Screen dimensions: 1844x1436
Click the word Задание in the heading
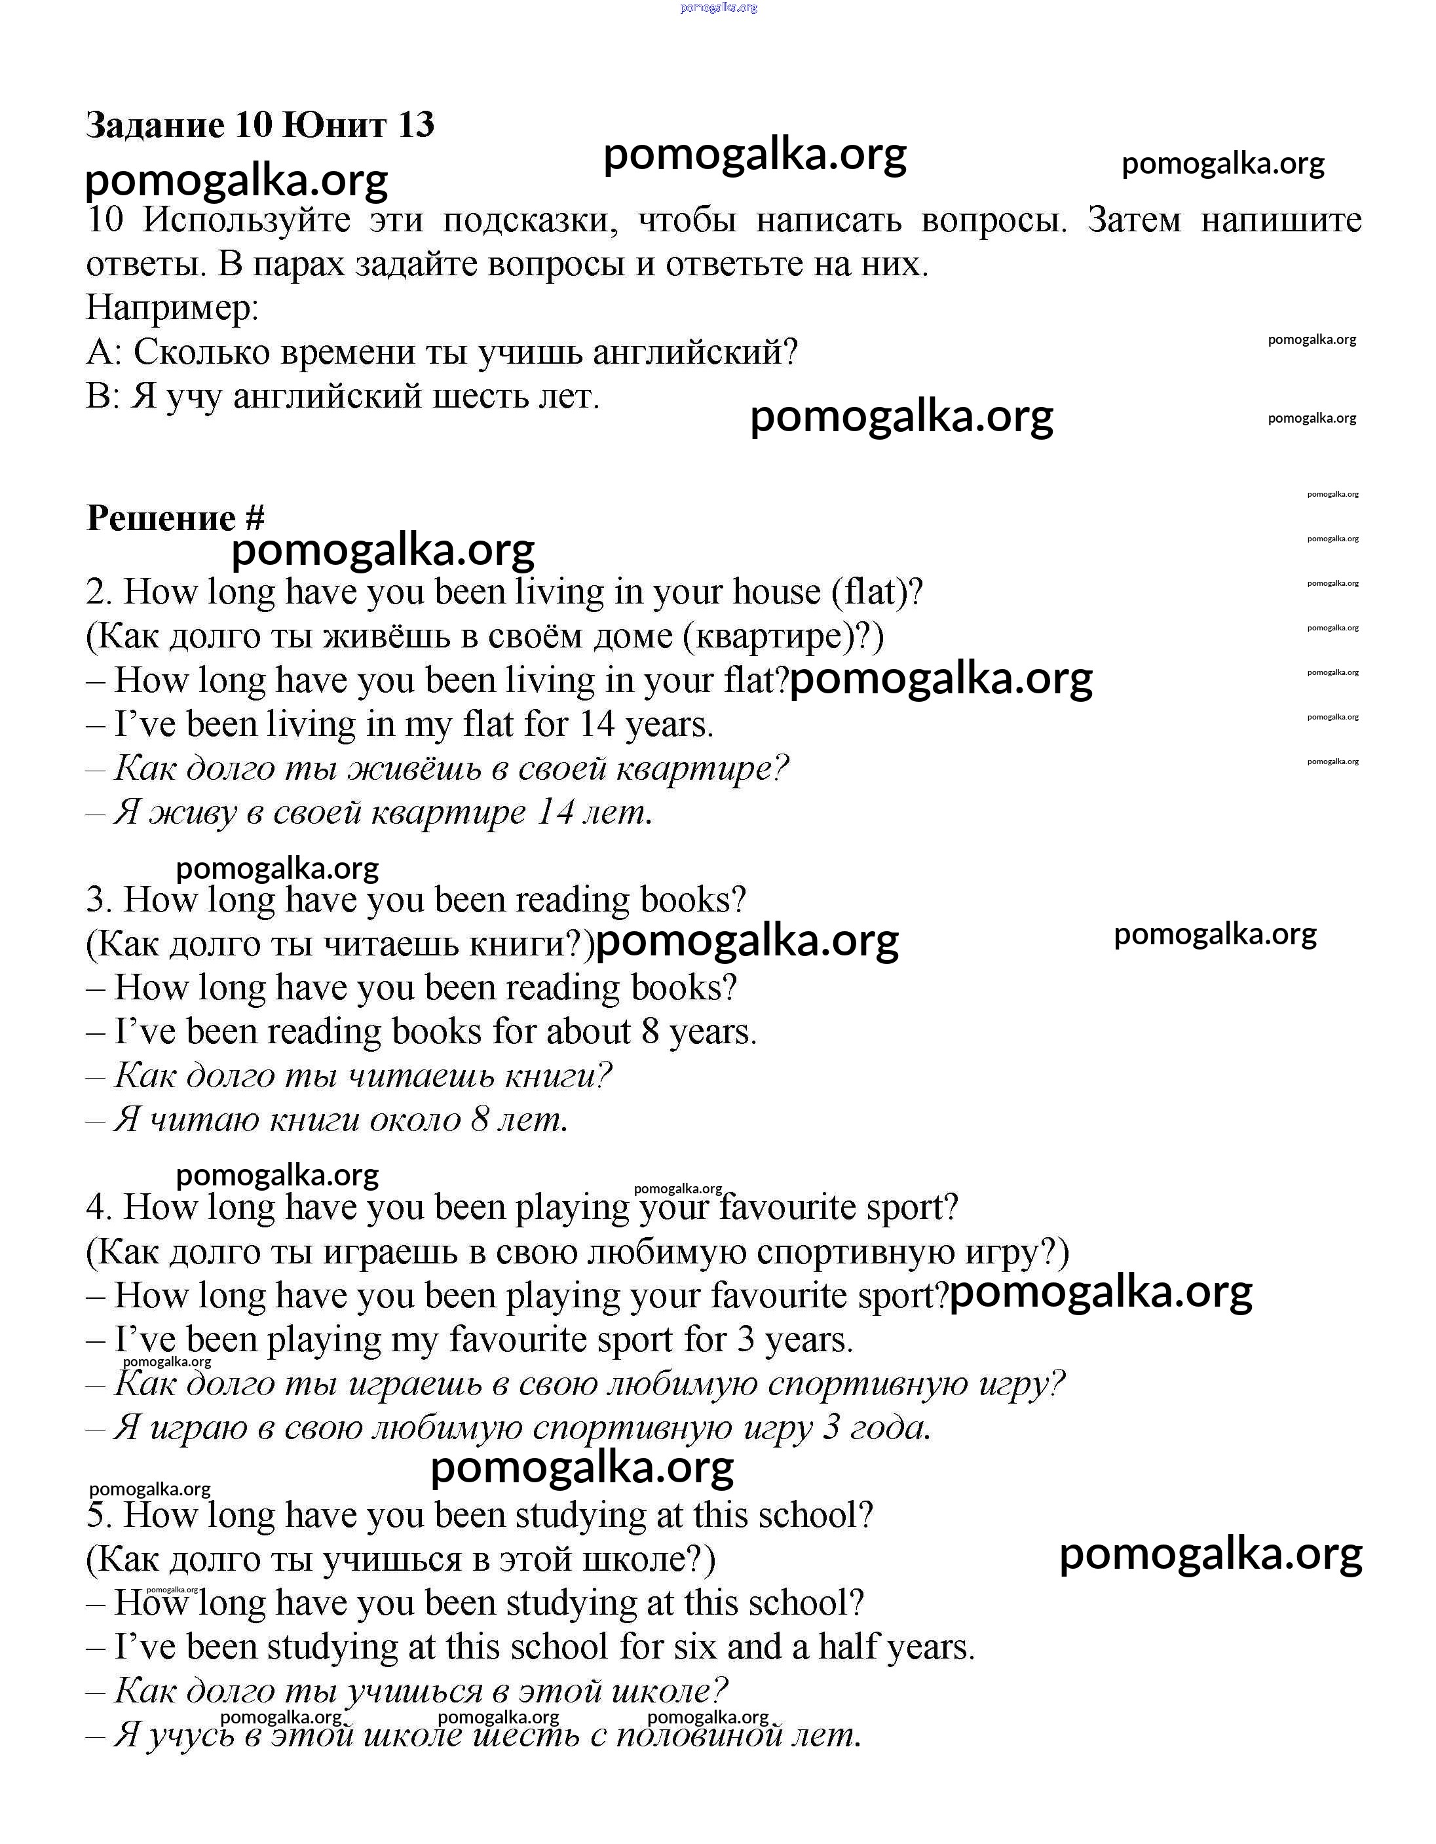coord(155,125)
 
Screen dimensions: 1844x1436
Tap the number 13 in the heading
coord(415,125)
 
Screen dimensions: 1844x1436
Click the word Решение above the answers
coord(161,518)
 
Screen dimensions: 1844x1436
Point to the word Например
coord(172,307)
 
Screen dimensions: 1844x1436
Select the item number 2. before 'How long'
coord(99,592)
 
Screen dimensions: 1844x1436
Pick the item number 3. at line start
coord(99,900)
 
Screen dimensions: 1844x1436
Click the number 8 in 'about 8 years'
coord(650,1031)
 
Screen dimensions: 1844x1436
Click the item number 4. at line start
coord(99,1207)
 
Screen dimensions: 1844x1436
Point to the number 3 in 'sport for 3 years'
coord(746,1340)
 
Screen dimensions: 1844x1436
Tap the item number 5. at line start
coord(99,1516)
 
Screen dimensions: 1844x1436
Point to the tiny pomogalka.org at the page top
coord(719,8)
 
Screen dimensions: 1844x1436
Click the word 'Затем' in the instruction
coord(1134,220)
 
